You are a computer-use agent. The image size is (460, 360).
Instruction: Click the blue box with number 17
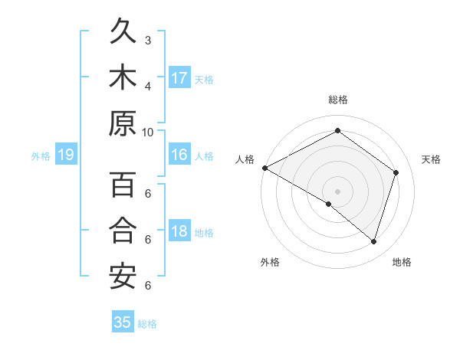(x=179, y=78)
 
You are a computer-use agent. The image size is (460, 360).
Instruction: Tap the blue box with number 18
(x=179, y=232)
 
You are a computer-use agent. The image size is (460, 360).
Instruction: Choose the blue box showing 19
(x=66, y=155)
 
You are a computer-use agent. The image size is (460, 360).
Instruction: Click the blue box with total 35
(x=123, y=322)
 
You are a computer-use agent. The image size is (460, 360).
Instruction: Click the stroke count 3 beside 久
(x=148, y=40)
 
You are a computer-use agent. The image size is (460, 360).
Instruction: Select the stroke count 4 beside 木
(x=148, y=85)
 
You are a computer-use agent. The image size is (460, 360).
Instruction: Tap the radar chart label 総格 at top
(x=338, y=100)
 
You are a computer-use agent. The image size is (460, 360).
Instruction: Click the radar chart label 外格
(x=270, y=262)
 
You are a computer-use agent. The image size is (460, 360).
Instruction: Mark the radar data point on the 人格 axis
(x=264, y=168)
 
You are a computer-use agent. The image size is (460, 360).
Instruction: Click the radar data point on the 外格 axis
(x=329, y=204)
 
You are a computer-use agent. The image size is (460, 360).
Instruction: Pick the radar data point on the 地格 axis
(x=373, y=241)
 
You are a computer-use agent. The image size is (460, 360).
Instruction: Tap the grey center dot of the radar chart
(x=337, y=191)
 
